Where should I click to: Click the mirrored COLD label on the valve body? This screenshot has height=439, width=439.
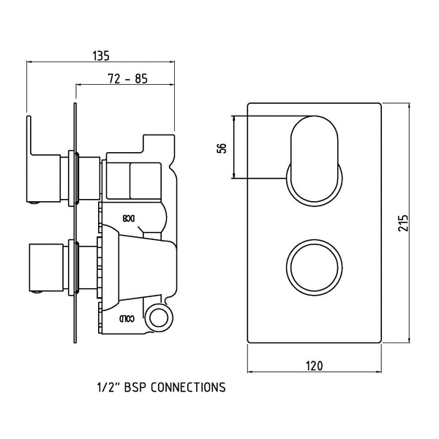click(127, 318)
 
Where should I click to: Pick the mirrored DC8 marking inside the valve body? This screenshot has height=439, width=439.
click(128, 218)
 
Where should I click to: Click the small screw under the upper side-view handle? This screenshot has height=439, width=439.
click(32, 207)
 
